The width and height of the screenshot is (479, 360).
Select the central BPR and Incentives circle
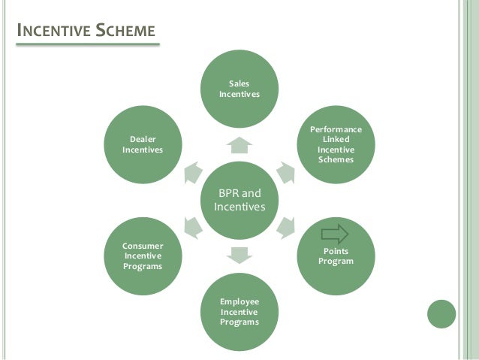(239, 198)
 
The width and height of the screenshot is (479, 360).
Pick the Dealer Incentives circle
(143, 143)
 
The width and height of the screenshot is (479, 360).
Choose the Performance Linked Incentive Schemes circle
(336, 144)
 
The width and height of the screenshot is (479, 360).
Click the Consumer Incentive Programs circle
(143, 256)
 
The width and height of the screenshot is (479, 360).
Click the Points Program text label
(336, 256)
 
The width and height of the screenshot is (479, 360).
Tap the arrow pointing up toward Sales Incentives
(239, 144)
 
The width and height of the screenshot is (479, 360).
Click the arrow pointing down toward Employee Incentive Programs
(239, 254)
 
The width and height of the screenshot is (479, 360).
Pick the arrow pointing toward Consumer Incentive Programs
(192, 225)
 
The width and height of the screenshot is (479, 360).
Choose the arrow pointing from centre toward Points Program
(287, 225)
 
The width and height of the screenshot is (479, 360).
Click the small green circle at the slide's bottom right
(441, 313)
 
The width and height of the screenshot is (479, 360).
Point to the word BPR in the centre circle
(227, 193)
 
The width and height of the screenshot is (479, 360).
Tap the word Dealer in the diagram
(143, 139)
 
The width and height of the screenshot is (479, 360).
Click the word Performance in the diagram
(336, 130)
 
